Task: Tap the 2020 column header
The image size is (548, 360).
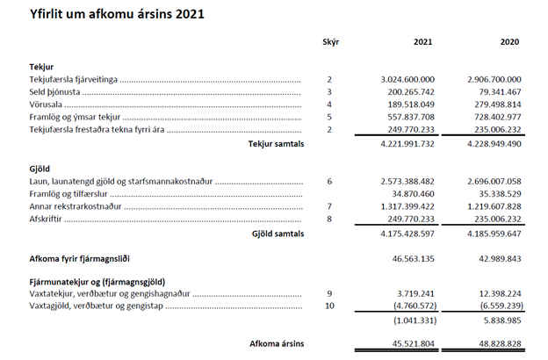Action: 509,42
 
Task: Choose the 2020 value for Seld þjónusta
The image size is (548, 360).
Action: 500,91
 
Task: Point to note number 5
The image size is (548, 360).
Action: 328,117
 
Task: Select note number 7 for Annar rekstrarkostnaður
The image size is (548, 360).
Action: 328,206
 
